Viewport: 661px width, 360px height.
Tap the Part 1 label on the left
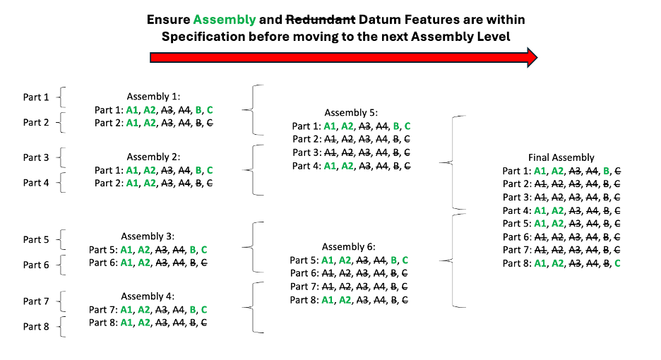click(36, 97)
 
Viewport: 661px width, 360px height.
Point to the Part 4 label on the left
click(36, 183)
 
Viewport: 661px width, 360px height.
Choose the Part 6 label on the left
click(36, 265)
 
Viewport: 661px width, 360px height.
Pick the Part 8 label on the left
click(36, 326)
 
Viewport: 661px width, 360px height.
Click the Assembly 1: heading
click(154, 96)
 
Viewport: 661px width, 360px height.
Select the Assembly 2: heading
click(154, 157)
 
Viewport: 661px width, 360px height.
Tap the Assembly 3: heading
click(148, 236)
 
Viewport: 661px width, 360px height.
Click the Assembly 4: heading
click(148, 296)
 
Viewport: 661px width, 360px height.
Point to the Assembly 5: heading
click(352, 113)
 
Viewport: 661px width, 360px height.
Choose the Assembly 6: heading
click(349, 246)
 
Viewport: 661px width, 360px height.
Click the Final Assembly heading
click(561, 157)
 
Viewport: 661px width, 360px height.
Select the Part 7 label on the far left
click(36, 301)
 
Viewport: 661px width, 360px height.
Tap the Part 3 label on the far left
click(36, 157)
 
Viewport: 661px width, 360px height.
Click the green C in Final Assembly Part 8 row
click(617, 264)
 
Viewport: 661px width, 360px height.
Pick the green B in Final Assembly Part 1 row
click(606, 171)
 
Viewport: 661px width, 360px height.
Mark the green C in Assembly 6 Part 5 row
click(405, 260)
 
